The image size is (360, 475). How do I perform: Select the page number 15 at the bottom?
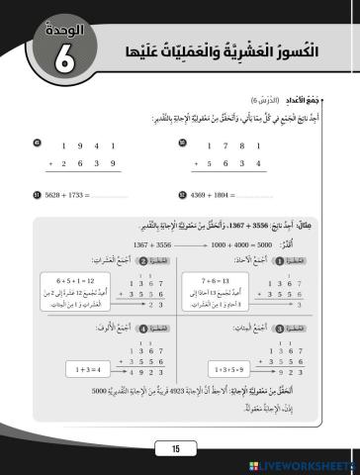177,449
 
